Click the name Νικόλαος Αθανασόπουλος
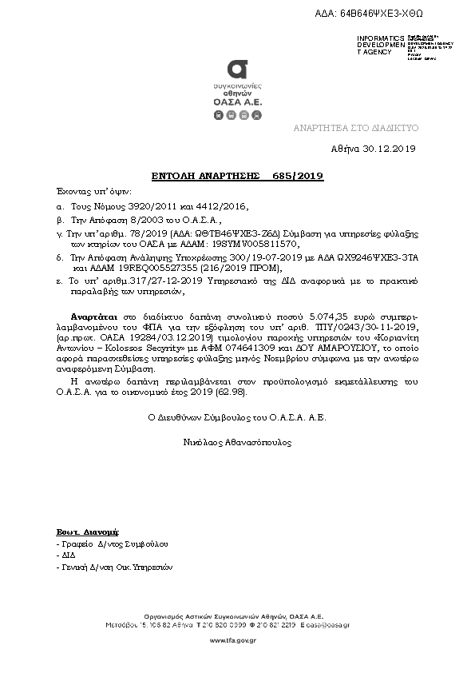coord(237,441)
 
